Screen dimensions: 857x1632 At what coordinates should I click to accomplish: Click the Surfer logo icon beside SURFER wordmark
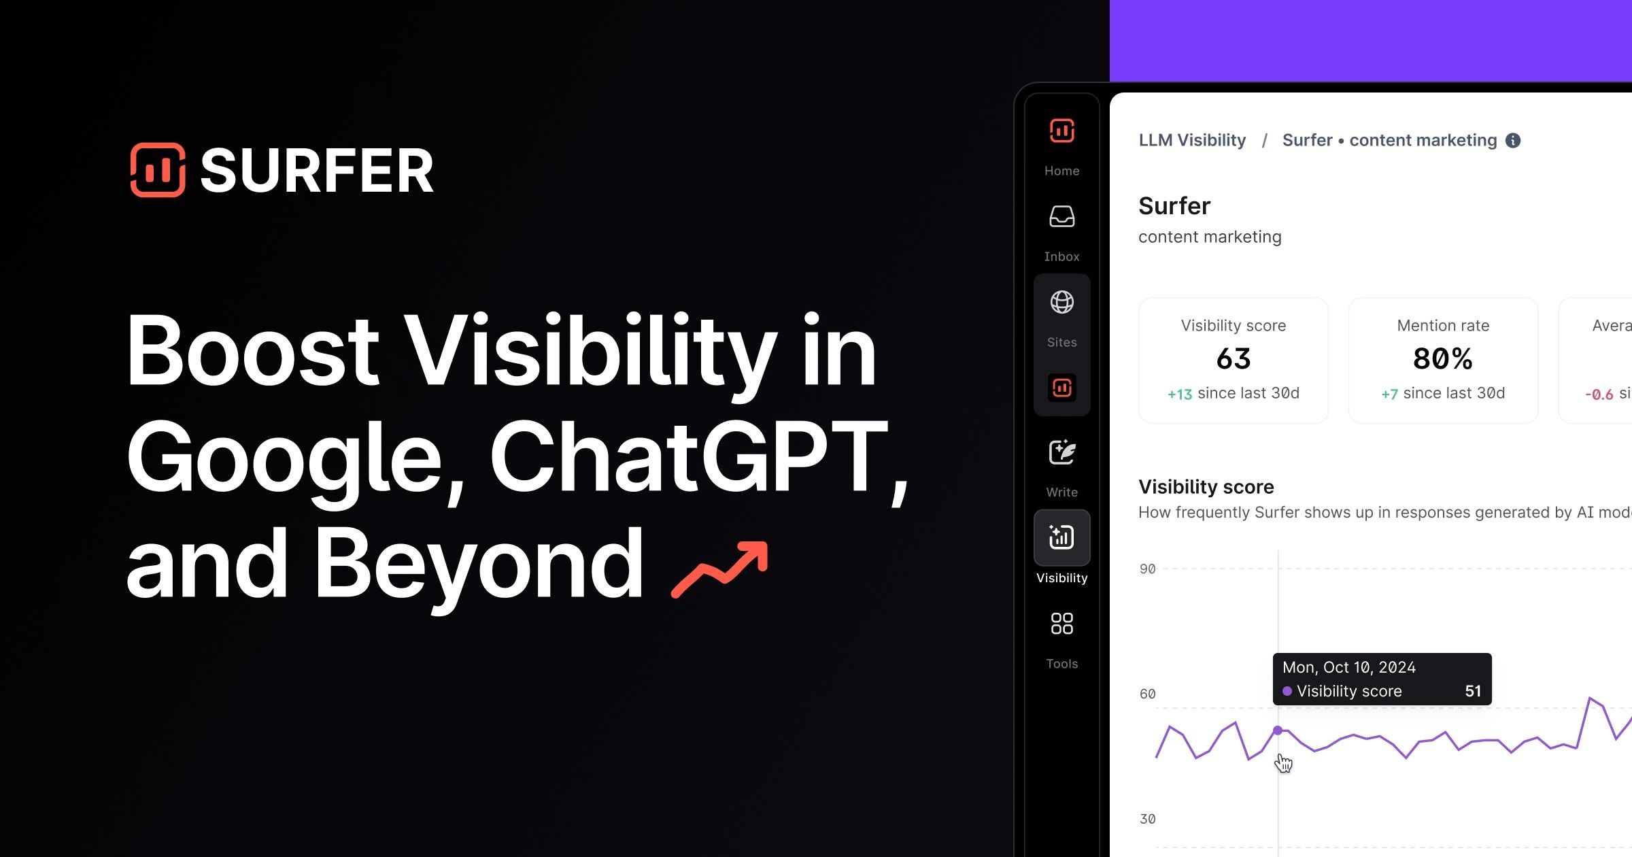pyautogui.click(x=158, y=170)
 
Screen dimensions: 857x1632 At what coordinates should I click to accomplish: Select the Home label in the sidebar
pyautogui.click(x=1061, y=171)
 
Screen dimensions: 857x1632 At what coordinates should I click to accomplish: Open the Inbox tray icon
pyautogui.click(x=1061, y=217)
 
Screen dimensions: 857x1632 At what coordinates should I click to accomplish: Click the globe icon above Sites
pyautogui.click(x=1061, y=302)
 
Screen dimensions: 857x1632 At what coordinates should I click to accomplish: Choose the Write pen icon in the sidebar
pyautogui.click(x=1061, y=452)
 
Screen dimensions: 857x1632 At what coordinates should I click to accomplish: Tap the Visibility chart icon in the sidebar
pyautogui.click(x=1061, y=537)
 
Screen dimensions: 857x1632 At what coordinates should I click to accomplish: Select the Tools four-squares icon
pyautogui.click(x=1061, y=623)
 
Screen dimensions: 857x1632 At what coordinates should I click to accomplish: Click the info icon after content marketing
pyautogui.click(x=1513, y=140)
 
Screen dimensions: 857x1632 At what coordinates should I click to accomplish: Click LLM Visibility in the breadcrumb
pyautogui.click(x=1192, y=140)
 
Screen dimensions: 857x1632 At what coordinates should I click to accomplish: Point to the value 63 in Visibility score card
pyautogui.click(x=1233, y=358)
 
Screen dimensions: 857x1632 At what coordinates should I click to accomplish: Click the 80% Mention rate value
pyautogui.click(x=1442, y=358)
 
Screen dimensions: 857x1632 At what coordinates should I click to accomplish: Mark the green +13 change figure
pyautogui.click(x=1180, y=394)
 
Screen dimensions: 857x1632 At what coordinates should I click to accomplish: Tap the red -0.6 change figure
pyautogui.click(x=1599, y=394)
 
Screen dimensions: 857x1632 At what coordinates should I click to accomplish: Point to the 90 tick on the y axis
pyautogui.click(x=1147, y=569)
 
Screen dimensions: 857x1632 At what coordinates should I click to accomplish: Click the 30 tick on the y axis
pyautogui.click(x=1147, y=819)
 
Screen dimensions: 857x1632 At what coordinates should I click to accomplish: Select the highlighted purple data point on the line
pyautogui.click(x=1278, y=730)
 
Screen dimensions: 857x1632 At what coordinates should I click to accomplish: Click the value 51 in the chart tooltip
pyautogui.click(x=1473, y=691)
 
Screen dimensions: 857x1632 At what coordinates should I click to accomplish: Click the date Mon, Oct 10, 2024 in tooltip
pyautogui.click(x=1348, y=667)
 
